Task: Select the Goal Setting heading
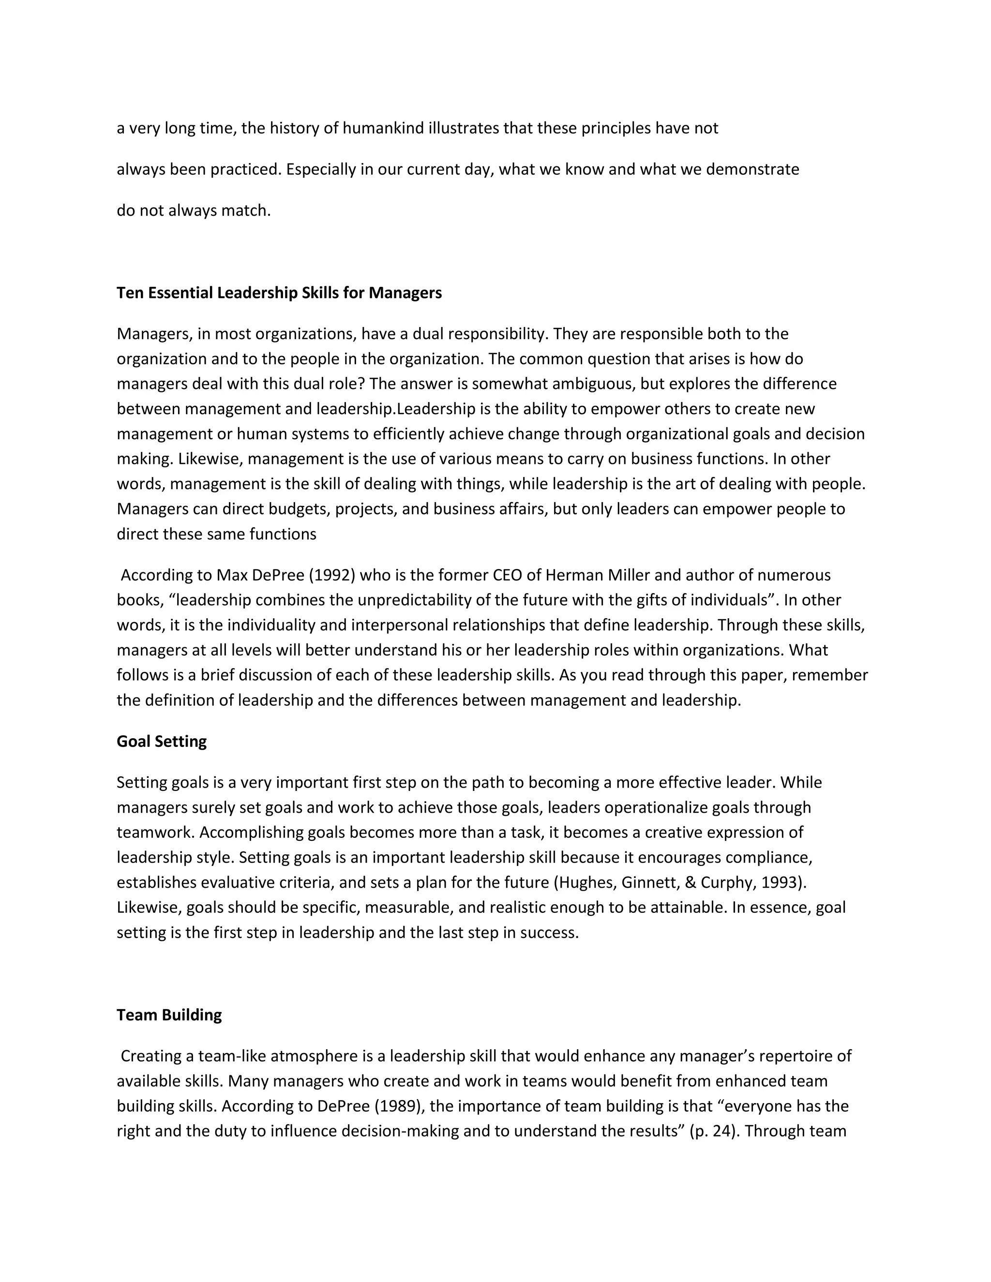pyautogui.click(x=162, y=741)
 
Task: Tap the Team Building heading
pyautogui.click(x=169, y=1015)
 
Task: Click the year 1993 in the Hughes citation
pyautogui.click(x=781, y=882)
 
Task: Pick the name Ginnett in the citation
pyautogui.click(x=650, y=882)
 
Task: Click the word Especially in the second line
pyautogui.click(x=321, y=170)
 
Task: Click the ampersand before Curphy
pyautogui.click(x=691, y=882)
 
